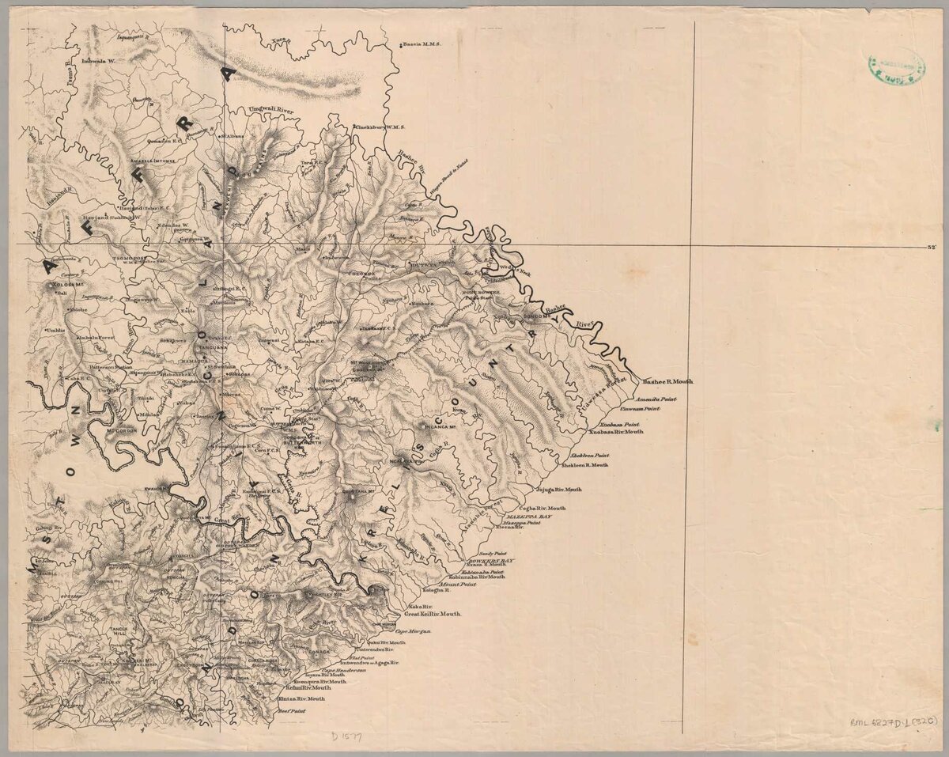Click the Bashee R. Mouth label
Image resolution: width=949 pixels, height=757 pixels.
(x=668, y=381)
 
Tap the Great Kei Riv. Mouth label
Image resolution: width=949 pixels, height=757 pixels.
(x=433, y=614)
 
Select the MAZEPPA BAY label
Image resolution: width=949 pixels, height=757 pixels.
(x=528, y=515)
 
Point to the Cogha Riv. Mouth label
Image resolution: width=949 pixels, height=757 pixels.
(x=543, y=508)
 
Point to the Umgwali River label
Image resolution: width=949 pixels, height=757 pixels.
(x=270, y=110)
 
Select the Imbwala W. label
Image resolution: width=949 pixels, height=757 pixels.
(x=98, y=61)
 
